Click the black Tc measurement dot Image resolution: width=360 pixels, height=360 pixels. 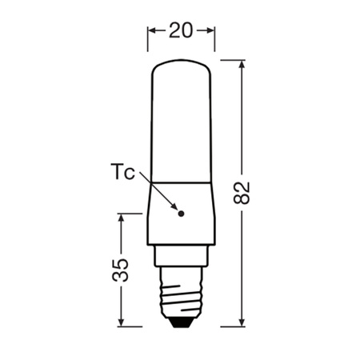(181, 214)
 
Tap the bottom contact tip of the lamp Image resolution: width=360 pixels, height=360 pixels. (182, 322)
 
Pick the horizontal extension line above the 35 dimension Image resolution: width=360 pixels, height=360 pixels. (132, 214)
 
